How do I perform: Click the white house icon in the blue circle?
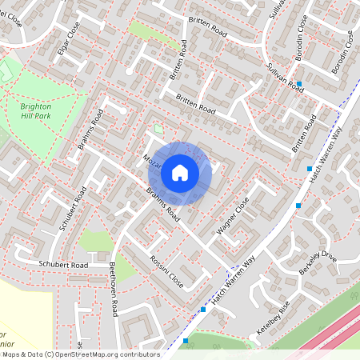click(180, 173)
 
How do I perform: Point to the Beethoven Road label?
click(114, 289)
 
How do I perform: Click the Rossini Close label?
click(166, 272)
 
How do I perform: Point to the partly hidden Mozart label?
click(151, 160)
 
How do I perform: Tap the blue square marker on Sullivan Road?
click(299, 83)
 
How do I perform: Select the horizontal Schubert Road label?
click(62, 265)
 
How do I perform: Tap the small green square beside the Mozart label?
click(158, 128)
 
